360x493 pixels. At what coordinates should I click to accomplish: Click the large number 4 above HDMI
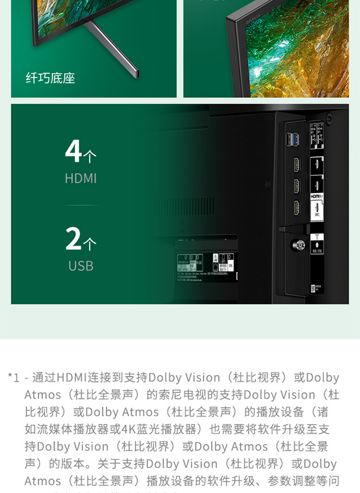[x=73, y=151]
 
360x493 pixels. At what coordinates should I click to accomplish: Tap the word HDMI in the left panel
[x=81, y=179]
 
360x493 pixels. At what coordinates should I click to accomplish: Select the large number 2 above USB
[x=73, y=238]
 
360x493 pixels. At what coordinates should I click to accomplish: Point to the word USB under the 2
[x=81, y=266]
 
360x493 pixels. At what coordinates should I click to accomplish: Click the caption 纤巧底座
[x=50, y=78]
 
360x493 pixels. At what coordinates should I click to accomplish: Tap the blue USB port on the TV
[x=293, y=140]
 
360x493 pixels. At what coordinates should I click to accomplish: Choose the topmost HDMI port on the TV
[x=297, y=164]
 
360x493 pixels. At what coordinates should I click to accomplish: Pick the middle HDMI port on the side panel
[x=297, y=186]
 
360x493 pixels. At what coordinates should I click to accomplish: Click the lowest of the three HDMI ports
[x=297, y=207]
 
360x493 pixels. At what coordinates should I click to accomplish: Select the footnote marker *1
[x=14, y=377]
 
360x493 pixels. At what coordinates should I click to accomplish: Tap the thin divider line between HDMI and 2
[x=81, y=205]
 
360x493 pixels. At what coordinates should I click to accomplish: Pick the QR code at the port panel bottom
[x=313, y=287]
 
